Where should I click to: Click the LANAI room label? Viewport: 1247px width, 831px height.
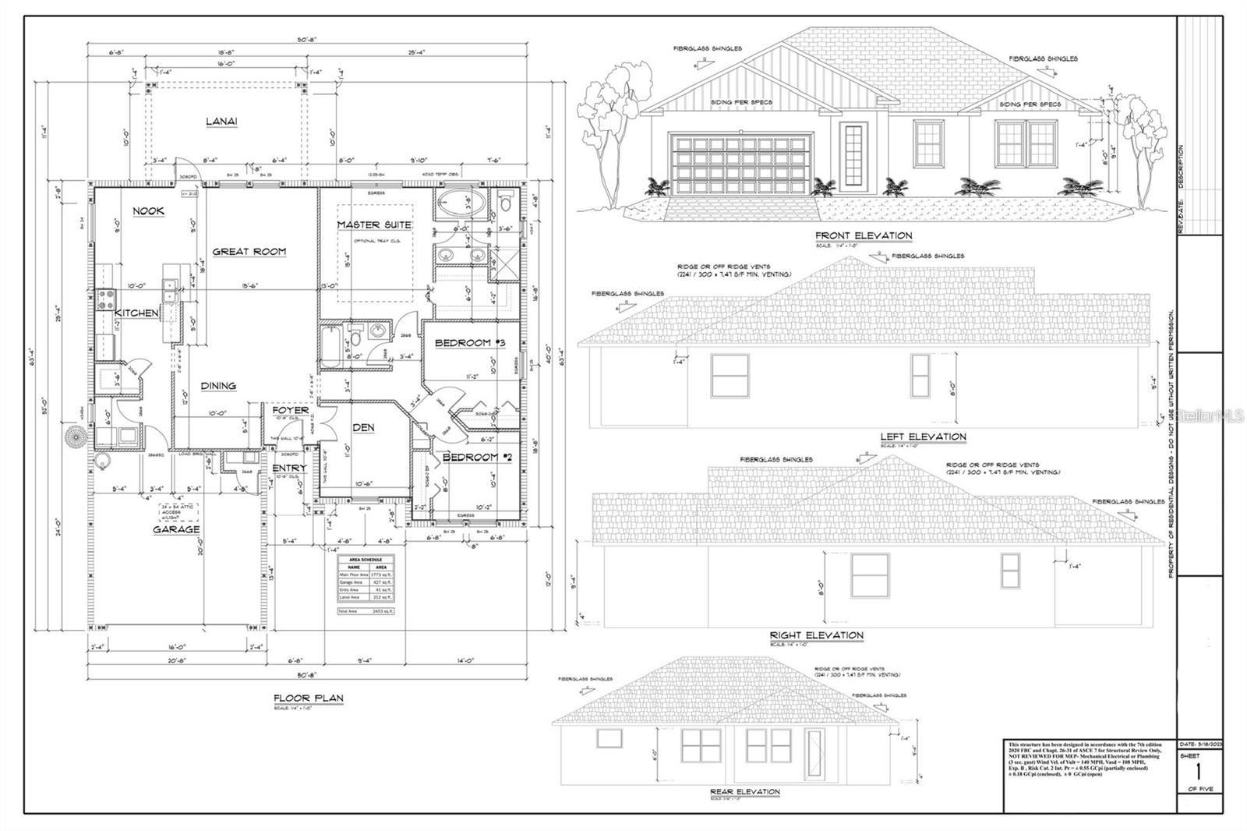(221, 121)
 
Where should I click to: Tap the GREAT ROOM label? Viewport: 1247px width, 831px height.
(249, 251)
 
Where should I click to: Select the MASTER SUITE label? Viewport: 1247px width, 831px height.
(374, 225)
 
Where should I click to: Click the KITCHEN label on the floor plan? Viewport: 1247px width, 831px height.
(137, 313)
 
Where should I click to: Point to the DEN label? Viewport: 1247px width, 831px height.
(363, 427)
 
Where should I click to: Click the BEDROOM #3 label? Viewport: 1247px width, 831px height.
(468, 343)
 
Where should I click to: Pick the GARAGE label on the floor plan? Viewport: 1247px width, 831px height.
(175, 529)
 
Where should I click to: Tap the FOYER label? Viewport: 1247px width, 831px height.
(290, 410)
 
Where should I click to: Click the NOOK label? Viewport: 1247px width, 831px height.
(148, 211)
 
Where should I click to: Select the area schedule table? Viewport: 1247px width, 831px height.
(366, 585)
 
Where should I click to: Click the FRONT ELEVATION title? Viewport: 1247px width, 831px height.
(863, 235)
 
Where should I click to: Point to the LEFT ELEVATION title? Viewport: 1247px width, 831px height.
(923, 437)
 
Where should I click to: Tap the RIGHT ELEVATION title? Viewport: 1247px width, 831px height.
(816, 635)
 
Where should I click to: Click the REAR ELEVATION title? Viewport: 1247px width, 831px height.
(744, 792)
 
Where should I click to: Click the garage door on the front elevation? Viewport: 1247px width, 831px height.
(739, 164)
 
